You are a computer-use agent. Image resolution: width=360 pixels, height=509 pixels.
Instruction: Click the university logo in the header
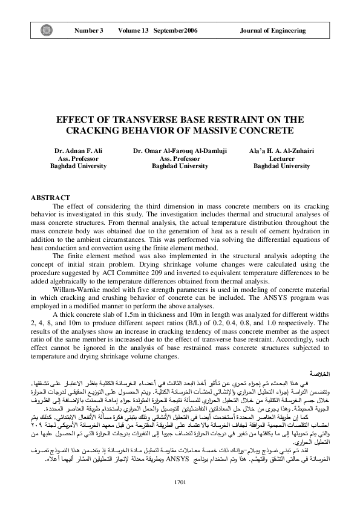[x=45, y=30]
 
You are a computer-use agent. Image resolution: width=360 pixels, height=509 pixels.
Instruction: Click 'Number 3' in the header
[x=89, y=30]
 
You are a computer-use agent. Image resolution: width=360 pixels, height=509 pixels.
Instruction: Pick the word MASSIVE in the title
[x=223, y=131]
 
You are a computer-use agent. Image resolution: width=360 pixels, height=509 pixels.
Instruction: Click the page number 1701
[x=180, y=481]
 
